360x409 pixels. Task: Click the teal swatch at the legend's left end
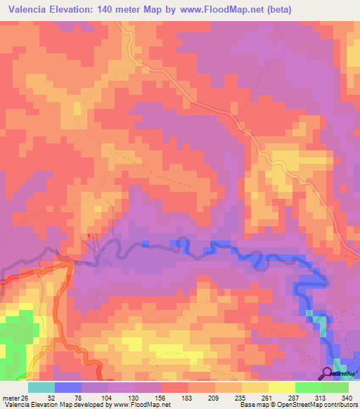[x=41, y=387]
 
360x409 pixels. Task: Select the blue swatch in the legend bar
[x=68, y=387]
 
